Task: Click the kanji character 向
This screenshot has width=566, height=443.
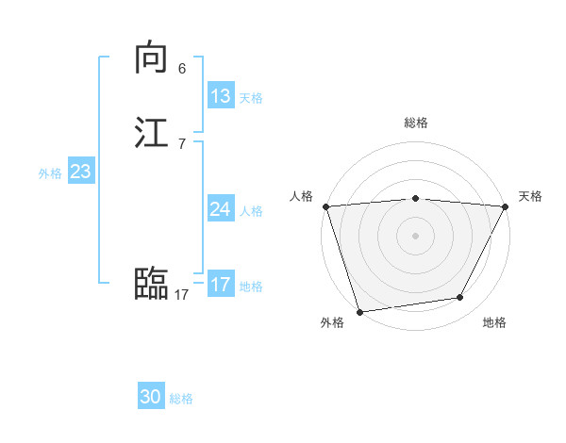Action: (151, 58)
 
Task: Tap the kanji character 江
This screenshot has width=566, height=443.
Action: (151, 133)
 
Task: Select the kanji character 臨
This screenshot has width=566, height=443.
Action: (151, 284)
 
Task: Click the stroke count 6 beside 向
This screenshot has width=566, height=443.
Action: (182, 69)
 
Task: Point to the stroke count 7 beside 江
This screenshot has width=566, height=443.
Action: (182, 143)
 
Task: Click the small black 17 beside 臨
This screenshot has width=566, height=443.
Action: (181, 295)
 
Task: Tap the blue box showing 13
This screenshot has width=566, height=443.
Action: (221, 96)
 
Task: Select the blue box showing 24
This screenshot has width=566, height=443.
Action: (221, 209)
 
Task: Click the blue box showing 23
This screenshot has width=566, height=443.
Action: (81, 172)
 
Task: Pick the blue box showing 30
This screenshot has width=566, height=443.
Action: (151, 397)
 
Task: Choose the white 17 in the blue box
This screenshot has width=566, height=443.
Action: (221, 285)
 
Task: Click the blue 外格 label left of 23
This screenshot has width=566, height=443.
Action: (50, 173)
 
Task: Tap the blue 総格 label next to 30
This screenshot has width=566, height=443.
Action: (182, 399)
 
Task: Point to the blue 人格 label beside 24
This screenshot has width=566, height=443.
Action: (252, 211)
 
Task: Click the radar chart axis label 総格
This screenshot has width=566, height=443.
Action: (416, 123)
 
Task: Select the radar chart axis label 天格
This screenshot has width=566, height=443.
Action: (530, 196)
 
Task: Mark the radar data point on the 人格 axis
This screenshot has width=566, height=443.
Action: (325, 206)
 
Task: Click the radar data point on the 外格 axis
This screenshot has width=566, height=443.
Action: (359, 311)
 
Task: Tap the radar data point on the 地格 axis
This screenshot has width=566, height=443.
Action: (460, 298)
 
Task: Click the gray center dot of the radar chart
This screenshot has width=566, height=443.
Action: (416, 236)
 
